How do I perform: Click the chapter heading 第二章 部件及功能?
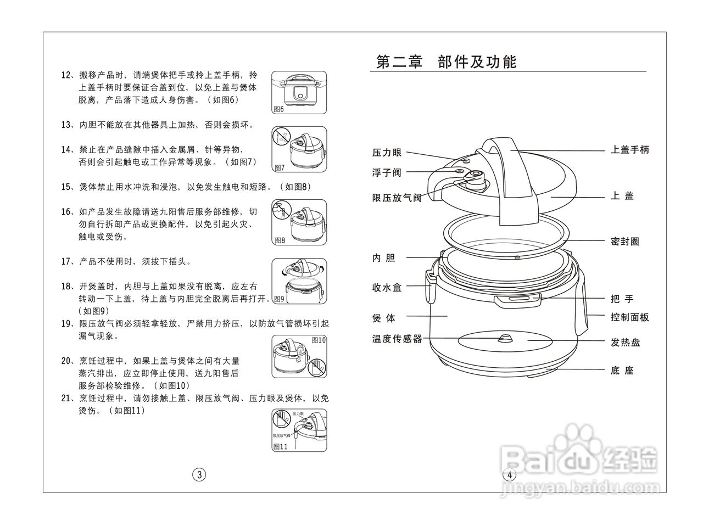446,62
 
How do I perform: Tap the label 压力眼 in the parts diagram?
387,153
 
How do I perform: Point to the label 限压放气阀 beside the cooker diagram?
397,198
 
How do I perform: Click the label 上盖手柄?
629,149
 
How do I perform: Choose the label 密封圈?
624,241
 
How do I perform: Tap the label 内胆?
383,258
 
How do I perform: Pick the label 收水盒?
387,287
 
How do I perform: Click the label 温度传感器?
397,339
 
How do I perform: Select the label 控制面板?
629,317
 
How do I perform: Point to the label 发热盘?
624,343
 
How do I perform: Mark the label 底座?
622,371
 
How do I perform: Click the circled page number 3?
199,475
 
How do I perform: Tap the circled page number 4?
509,475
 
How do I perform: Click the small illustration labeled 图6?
299,92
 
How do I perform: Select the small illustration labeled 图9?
299,281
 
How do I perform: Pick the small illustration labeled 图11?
299,430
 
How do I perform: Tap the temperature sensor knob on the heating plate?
504,337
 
